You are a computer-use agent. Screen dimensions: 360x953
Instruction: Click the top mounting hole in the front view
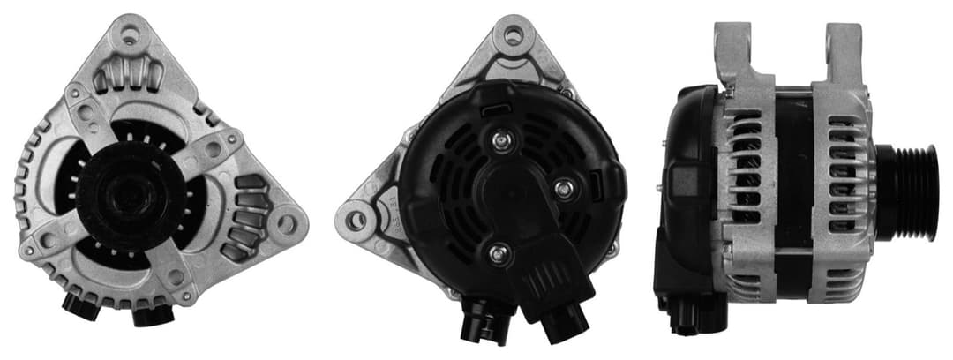(x=131, y=37)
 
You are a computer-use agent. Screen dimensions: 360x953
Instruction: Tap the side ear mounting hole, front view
(x=286, y=221)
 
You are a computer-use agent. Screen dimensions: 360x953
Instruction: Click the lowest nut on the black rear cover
(x=499, y=253)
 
